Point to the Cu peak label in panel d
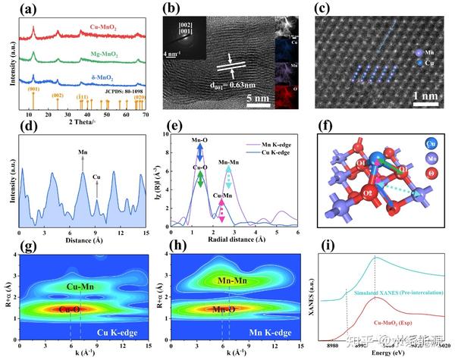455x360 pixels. (96, 178)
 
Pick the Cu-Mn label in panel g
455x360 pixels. (77, 287)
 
